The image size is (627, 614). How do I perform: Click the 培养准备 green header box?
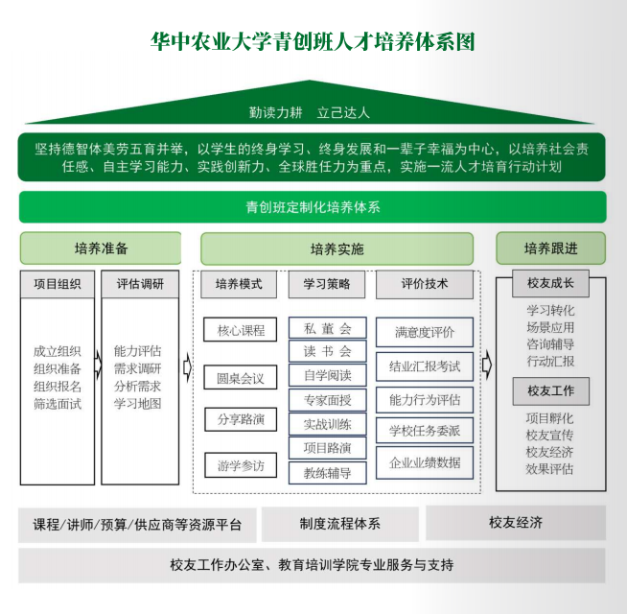[x=100, y=248]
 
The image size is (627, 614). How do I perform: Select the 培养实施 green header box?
[x=337, y=249]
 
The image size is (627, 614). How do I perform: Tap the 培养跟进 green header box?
[x=550, y=248]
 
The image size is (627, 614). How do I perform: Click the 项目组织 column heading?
[x=58, y=284]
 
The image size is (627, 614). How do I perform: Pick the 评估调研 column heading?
[x=140, y=284]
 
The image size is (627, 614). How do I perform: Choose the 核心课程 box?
[x=240, y=330]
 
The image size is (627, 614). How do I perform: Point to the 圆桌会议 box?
[x=240, y=377]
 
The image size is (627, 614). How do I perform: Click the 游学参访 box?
[x=240, y=466]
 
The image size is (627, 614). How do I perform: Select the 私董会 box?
[x=327, y=328]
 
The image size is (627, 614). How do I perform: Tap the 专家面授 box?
[x=327, y=400]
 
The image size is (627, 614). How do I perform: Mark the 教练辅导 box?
[x=327, y=472]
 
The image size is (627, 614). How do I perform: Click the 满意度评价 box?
[x=425, y=332]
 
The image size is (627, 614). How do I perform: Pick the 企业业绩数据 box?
[x=425, y=462]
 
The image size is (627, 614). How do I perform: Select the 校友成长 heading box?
[x=550, y=285]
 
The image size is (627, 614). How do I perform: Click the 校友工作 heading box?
[x=550, y=391]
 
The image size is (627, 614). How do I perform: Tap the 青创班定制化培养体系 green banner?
[x=313, y=206]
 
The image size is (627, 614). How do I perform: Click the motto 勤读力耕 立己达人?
[x=309, y=112]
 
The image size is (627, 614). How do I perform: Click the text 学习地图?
[x=138, y=405]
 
